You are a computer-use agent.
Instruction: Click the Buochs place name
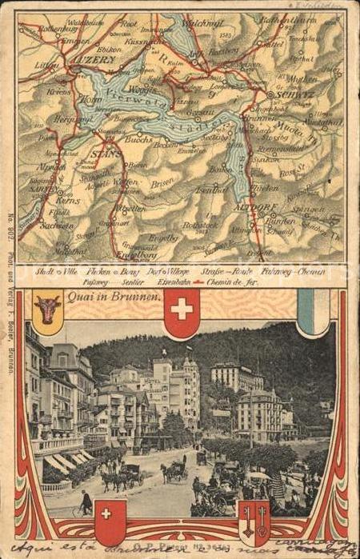(139, 138)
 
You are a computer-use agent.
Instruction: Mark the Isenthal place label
(210, 190)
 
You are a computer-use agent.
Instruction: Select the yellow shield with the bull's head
(48, 308)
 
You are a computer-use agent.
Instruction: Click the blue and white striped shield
(313, 310)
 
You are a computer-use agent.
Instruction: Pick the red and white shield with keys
(254, 522)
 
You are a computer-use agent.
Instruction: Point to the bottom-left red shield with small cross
(110, 521)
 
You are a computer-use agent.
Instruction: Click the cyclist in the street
(86, 503)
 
